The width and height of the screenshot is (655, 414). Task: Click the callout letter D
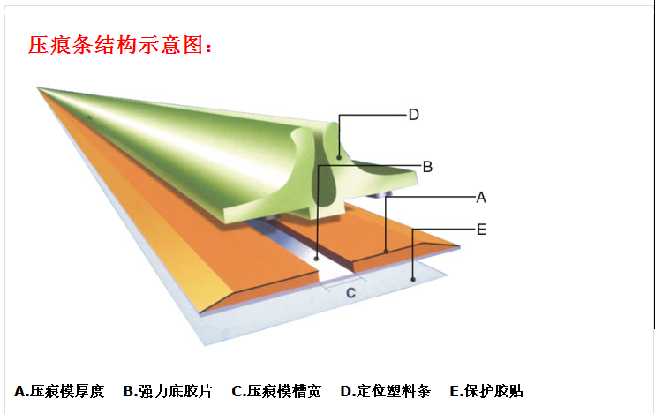coord(413,115)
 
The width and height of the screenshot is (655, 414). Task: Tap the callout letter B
coord(427,167)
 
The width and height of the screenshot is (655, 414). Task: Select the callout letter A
coord(481,197)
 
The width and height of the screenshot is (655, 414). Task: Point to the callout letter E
coord(482,230)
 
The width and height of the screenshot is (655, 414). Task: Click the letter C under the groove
coord(351,293)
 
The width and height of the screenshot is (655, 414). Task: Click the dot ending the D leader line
coord(339,157)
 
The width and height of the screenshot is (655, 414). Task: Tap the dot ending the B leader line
coord(316,259)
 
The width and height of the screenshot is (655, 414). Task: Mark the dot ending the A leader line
coord(387,251)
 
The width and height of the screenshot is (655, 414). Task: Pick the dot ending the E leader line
coord(413,280)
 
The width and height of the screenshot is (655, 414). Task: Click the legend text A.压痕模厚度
coord(59,391)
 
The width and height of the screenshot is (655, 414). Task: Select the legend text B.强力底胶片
coord(168,391)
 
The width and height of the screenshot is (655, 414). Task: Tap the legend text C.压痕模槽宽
coord(276,391)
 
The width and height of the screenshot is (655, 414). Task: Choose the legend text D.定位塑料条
coord(386,391)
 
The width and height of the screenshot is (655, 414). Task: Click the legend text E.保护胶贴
coord(486,391)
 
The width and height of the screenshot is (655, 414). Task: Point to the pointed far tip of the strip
coord(39,88)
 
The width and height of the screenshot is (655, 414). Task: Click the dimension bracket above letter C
coord(343,284)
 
